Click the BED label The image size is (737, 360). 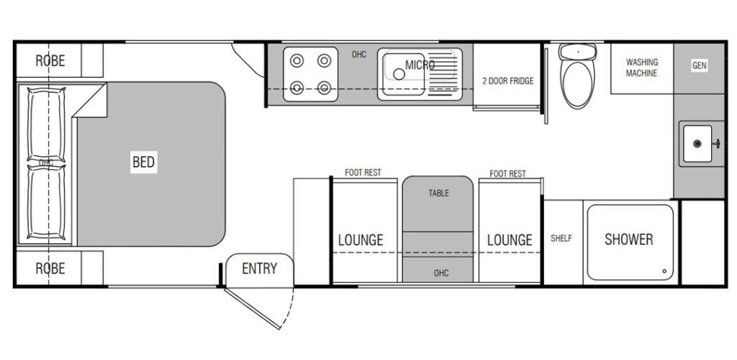point(143,162)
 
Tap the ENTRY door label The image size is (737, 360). point(259,269)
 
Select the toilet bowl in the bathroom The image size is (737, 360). point(578,84)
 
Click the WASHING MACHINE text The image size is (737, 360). point(641,68)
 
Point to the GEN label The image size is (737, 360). point(699,66)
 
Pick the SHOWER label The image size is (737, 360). point(628,240)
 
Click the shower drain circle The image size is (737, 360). point(664,271)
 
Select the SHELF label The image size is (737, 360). point(561,238)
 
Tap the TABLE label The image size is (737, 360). point(438,193)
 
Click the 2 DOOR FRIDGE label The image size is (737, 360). point(507,81)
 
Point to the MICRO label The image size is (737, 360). point(420,65)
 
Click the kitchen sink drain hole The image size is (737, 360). point(399,73)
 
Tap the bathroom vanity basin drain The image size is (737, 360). point(697,144)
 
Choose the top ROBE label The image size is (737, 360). point(50,60)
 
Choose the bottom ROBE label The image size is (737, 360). point(50,269)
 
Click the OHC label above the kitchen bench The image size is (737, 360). point(358,55)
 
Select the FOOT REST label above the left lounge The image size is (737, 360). point(363,173)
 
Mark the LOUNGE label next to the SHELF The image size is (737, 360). point(510,240)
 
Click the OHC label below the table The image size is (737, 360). point(441,273)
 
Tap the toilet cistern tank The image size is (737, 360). point(578,52)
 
